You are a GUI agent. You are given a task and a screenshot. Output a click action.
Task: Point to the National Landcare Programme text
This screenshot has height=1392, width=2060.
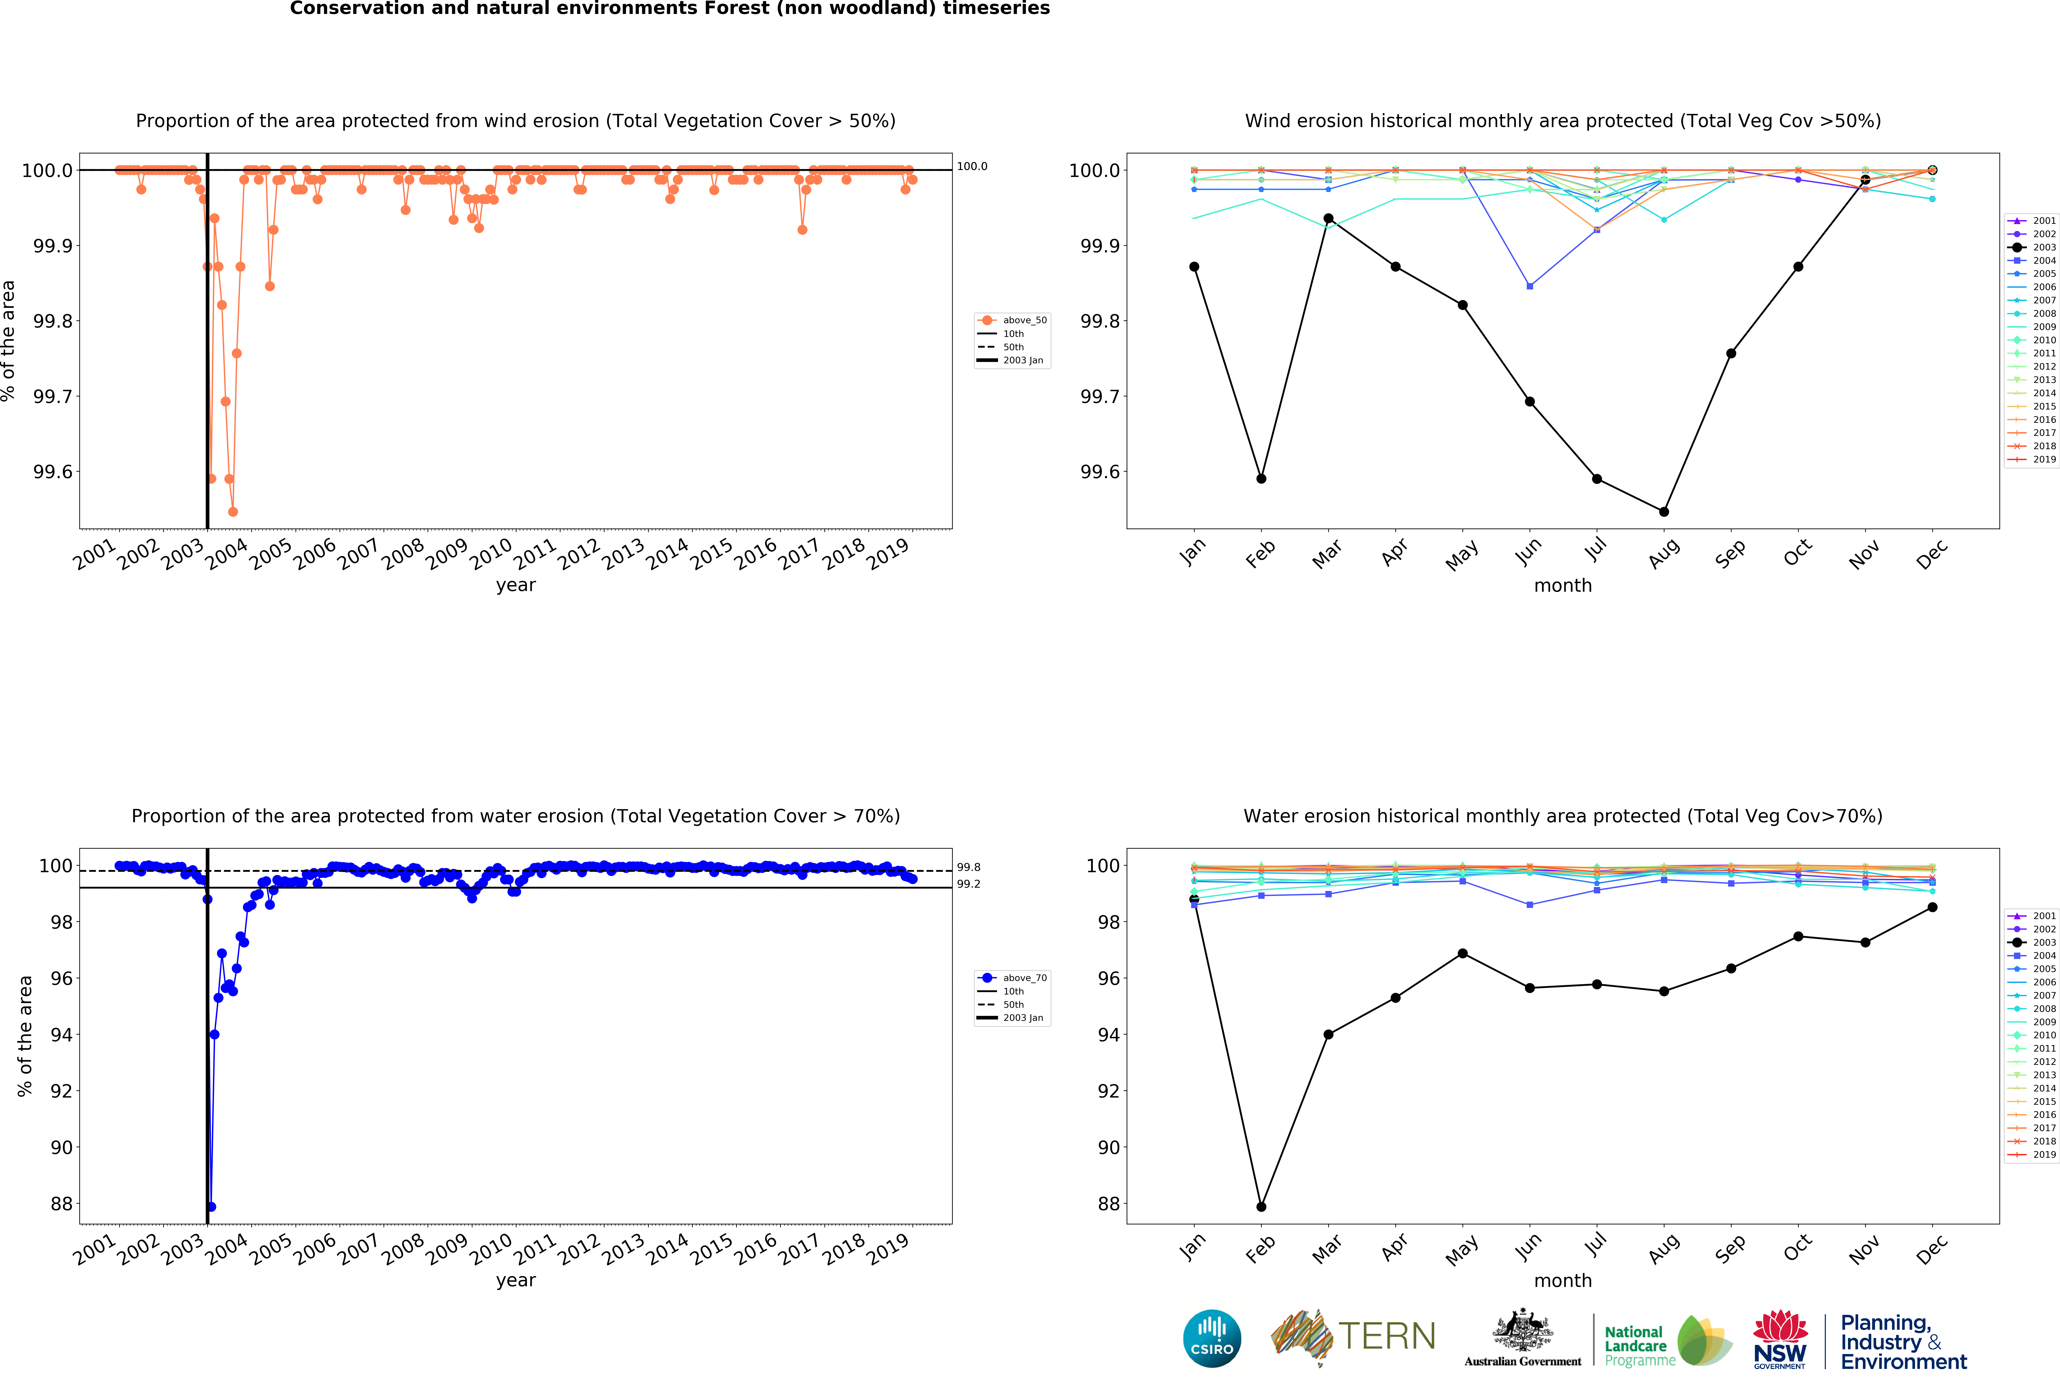(1639, 1346)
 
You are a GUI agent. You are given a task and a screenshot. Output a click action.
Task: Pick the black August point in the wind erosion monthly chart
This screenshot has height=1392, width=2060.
(1664, 512)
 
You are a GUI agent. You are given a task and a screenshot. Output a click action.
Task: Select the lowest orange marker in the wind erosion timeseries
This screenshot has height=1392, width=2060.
(233, 512)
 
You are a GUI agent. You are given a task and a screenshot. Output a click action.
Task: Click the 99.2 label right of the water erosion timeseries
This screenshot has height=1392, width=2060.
(968, 884)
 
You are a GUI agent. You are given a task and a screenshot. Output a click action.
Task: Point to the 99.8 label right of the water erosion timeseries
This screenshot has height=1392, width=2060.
(968, 867)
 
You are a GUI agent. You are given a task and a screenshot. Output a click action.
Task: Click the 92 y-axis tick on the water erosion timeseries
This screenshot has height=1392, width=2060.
(61, 1091)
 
